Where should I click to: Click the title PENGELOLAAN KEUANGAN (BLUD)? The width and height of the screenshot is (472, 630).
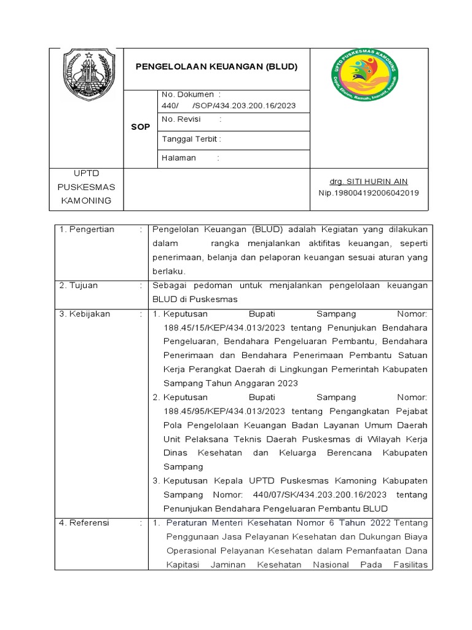216,66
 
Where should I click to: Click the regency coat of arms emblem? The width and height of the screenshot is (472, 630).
89,75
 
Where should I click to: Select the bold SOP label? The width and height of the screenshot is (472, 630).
140,127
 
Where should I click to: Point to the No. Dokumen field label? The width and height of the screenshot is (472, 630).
187,94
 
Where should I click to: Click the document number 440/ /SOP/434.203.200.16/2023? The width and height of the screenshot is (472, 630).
229,105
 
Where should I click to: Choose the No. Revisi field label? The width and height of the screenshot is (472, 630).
182,119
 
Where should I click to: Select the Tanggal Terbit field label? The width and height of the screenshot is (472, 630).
191,139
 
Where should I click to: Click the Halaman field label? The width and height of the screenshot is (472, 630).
179,157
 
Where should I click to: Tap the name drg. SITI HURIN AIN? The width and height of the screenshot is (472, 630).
369,181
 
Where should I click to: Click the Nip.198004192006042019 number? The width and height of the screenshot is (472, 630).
369,193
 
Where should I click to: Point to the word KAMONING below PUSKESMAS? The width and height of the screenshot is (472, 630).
87,201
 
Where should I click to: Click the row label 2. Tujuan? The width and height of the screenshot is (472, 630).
79,285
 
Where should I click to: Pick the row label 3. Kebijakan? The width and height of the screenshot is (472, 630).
85,314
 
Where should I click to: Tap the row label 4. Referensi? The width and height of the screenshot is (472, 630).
84,522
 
